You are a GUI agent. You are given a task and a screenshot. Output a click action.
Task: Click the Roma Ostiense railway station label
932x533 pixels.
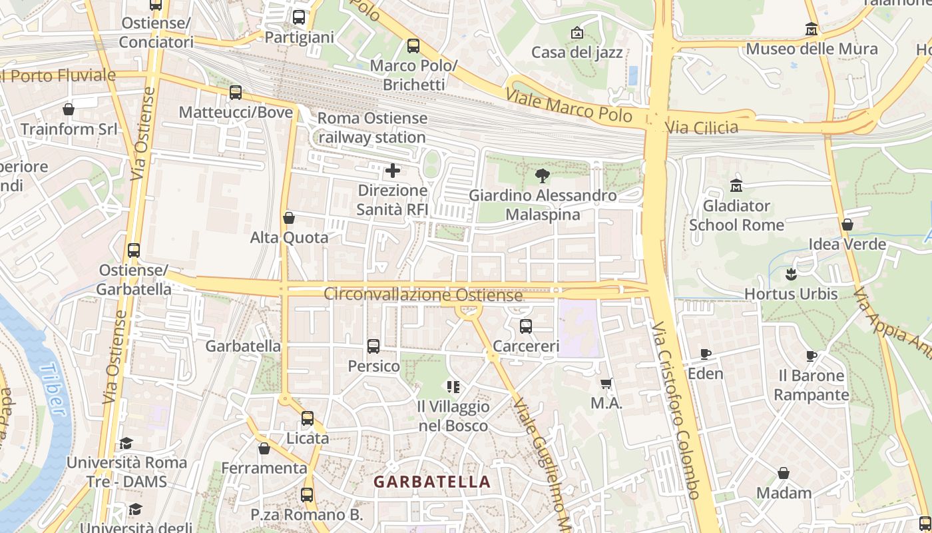pos(372,128)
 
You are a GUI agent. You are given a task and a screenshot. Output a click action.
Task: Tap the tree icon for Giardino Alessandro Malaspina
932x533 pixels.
pos(543,176)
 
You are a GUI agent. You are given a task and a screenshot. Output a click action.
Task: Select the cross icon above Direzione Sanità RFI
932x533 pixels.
pos(393,171)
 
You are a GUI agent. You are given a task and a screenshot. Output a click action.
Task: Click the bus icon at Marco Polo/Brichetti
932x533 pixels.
pos(413,46)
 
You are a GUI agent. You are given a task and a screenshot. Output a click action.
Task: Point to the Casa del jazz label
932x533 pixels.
pos(577,52)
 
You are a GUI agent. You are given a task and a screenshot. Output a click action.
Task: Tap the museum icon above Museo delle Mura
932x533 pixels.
pos(811,29)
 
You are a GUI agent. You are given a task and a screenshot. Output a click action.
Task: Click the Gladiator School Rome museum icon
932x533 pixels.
pos(736,185)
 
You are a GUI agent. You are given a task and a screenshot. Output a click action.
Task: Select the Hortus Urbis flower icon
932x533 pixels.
pos(791,274)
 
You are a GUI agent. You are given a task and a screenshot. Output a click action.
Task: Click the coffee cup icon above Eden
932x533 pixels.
pos(706,354)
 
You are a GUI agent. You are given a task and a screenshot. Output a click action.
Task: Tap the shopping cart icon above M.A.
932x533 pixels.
pos(606,383)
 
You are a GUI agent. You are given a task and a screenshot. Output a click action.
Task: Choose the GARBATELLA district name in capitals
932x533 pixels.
pos(432,482)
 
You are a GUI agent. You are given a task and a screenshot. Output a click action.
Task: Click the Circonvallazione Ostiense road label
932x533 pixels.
pos(423,294)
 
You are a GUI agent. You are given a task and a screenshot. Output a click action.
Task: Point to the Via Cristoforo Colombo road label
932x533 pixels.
pos(676,410)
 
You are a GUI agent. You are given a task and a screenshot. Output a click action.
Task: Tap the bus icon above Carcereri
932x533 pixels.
pos(526,326)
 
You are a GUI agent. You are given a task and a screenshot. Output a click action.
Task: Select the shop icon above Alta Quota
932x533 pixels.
pos(289,218)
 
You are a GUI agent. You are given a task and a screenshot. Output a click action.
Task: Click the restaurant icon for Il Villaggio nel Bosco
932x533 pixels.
pos(454,386)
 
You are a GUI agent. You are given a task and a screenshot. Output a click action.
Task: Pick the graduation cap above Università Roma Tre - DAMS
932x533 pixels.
pos(126,443)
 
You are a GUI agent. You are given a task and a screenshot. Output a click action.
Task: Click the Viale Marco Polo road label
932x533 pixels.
pos(569,106)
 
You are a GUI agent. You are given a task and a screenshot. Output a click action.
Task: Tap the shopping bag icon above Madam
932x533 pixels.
pos(784,473)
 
